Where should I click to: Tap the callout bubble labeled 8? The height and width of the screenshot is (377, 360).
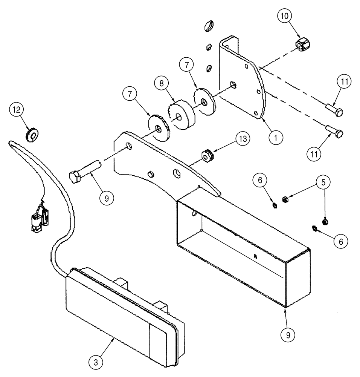point(161,84)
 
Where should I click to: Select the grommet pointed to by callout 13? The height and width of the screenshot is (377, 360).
point(206,155)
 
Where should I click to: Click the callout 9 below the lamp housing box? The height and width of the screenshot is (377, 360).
point(287,334)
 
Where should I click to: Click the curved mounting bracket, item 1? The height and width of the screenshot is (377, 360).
point(241,83)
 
